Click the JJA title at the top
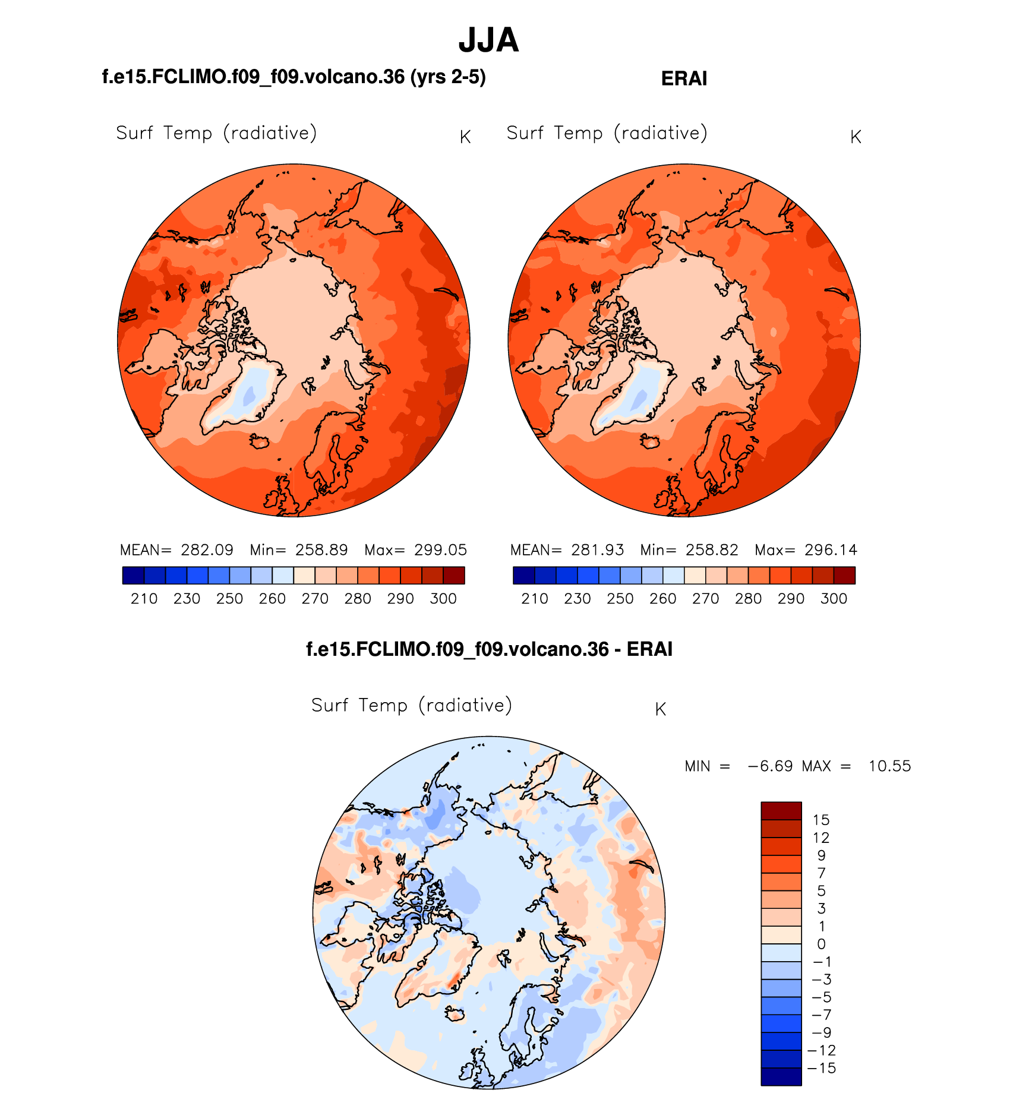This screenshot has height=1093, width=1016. tap(488, 40)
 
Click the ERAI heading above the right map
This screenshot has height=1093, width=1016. tap(684, 79)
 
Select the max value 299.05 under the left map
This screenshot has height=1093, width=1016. tap(441, 550)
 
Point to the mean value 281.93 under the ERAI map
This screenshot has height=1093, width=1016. tap(597, 550)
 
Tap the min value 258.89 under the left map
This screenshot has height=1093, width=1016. tap(321, 550)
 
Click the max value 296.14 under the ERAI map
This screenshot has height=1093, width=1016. tap(831, 550)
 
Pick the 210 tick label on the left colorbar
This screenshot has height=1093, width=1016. tap(144, 599)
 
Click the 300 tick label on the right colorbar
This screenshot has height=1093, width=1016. tap(834, 599)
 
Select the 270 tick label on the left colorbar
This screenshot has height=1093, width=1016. tap(315, 599)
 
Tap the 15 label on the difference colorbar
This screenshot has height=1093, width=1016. tap(821, 820)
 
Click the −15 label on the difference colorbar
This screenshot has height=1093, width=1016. tap(821, 1068)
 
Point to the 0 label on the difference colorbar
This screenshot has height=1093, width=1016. tap(821, 944)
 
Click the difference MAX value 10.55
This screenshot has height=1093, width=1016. tap(889, 766)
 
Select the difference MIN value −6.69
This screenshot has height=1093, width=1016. tap(770, 766)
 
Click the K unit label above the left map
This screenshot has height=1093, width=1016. tap(465, 137)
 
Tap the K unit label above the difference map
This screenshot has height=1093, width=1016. tap(660, 709)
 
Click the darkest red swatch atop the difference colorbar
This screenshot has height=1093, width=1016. tap(781, 811)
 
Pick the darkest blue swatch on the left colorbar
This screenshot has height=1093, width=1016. tap(133, 576)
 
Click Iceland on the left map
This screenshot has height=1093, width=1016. tap(260, 441)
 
